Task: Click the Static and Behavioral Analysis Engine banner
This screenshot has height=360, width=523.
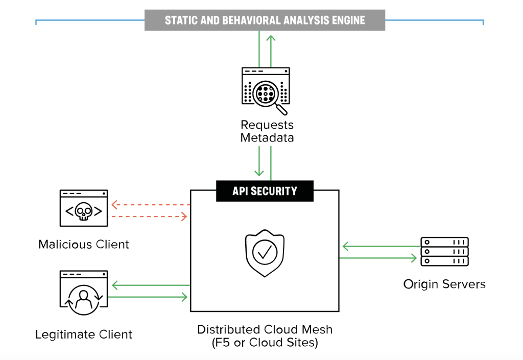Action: tap(265, 20)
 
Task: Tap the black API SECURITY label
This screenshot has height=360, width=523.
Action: tap(265, 191)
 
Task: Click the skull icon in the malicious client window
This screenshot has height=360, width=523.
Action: tap(84, 211)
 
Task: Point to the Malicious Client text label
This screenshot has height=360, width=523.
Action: tap(84, 244)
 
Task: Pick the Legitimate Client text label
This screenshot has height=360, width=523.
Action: tap(84, 334)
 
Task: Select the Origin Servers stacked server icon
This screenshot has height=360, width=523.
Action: tap(444, 252)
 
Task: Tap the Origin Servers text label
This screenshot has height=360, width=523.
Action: tap(444, 284)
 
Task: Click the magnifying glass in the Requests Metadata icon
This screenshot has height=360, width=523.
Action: tap(267, 94)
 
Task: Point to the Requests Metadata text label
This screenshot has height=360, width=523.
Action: tap(267, 131)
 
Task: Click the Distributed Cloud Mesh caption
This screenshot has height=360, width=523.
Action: tap(265, 335)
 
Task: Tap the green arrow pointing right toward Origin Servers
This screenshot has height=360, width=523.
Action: tap(378, 258)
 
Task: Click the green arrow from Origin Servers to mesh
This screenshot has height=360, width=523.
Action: tap(378, 247)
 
